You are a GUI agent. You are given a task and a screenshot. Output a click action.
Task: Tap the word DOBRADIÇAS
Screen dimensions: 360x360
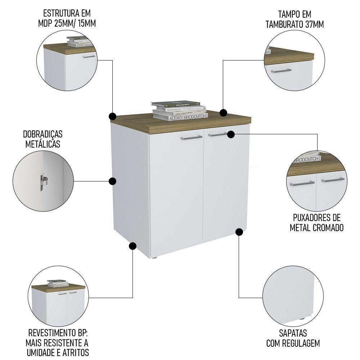click(43, 134)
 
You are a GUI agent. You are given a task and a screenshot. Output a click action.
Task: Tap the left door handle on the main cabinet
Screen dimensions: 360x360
click(191, 137)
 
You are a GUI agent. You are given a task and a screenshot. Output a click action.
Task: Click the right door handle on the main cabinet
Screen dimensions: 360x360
click(217, 135)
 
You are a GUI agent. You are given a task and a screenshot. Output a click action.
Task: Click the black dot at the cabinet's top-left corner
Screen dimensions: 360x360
click(113, 116)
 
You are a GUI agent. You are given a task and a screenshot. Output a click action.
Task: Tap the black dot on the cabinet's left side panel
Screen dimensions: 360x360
click(113, 181)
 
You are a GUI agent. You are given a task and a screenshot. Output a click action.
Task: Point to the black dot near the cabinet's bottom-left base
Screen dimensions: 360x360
click(132, 246)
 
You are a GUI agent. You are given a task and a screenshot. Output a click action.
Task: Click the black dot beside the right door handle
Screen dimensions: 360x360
click(231, 134)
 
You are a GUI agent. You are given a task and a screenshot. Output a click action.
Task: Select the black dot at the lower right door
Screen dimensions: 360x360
click(239, 232)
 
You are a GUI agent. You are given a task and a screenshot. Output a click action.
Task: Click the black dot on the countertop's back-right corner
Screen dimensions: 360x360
click(223, 112)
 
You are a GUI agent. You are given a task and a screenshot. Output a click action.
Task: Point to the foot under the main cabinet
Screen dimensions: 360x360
click(155, 258)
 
